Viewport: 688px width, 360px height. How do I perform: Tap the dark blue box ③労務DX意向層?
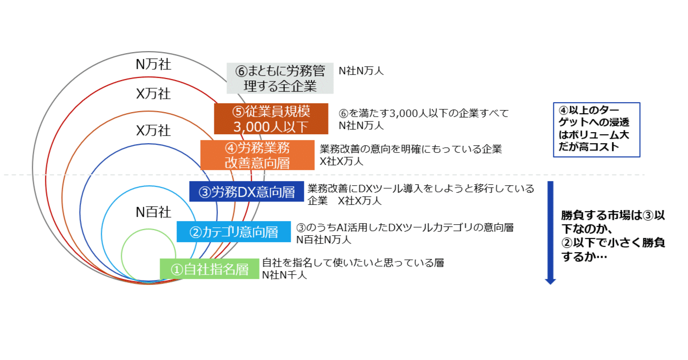point(246,192)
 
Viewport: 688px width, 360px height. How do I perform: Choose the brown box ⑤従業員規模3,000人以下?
point(271,119)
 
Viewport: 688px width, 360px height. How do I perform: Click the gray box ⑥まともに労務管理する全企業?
point(280,78)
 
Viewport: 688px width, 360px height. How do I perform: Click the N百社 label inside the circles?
point(153,212)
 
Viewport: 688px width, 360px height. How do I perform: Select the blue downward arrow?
point(550,232)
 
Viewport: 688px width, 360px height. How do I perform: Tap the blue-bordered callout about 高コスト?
point(596,129)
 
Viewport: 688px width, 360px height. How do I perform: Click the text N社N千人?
point(284,274)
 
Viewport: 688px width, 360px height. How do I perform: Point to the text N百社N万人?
point(323,239)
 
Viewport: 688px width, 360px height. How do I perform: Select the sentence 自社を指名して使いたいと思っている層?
point(353,263)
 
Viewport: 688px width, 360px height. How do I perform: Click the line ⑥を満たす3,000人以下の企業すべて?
point(424,113)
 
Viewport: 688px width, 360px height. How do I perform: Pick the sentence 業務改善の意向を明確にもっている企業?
point(411,149)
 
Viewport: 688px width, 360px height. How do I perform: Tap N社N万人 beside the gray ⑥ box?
point(361,70)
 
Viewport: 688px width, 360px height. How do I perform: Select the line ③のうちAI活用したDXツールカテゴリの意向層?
point(405,227)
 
